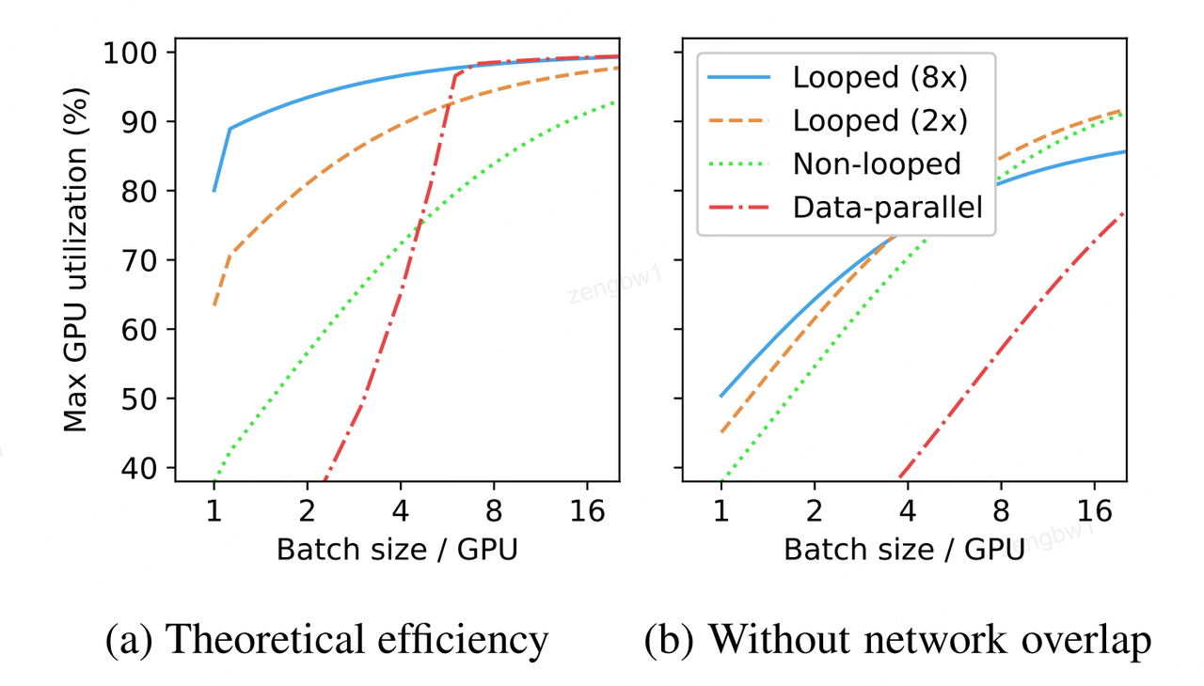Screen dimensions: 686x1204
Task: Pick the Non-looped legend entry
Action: [877, 164]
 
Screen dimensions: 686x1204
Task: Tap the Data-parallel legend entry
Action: [888, 206]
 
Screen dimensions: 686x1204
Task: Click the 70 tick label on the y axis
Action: [143, 260]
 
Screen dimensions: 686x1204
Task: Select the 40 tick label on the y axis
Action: [143, 468]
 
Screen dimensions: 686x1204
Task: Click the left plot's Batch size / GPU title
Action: [396, 550]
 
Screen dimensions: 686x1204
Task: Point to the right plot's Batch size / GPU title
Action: [904, 550]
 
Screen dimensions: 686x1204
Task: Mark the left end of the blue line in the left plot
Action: [214, 191]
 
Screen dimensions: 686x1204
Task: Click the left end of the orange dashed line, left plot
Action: [214, 305]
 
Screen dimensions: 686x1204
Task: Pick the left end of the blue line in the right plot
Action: [721, 396]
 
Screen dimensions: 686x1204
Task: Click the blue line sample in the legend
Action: [741, 78]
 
